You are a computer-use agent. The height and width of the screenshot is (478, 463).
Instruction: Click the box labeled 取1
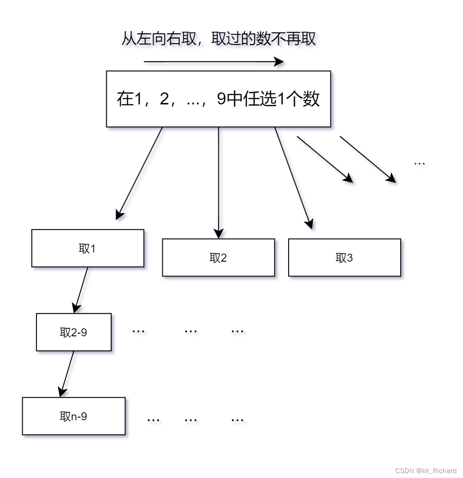pyautogui.click(x=88, y=248)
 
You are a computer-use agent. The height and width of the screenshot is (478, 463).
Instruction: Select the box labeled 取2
pyautogui.click(x=218, y=258)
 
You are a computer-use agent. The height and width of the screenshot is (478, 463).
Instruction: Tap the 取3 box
pyautogui.click(x=344, y=258)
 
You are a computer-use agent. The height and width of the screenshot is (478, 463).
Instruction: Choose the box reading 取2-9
pyautogui.click(x=73, y=332)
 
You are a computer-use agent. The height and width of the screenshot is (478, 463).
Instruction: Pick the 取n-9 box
pyautogui.click(x=73, y=416)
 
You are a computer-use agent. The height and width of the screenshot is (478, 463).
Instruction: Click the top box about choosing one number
pyautogui.click(x=218, y=99)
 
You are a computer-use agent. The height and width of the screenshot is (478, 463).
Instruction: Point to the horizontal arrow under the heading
pyautogui.click(x=213, y=62)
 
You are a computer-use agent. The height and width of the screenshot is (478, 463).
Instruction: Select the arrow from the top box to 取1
pyautogui.click(x=139, y=173)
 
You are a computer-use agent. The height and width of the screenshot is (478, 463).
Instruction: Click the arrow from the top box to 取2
pyautogui.click(x=218, y=182)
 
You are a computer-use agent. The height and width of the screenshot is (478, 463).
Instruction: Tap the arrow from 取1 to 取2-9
pyautogui.click(x=81, y=289)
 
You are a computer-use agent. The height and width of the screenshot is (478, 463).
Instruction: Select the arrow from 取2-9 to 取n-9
pyautogui.click(x=67, y=373)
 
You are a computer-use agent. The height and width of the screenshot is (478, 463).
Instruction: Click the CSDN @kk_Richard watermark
pyautogui.click(x=426, y=470)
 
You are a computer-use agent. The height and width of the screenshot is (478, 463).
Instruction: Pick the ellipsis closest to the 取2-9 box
pyautogui.click(x=139, y=331)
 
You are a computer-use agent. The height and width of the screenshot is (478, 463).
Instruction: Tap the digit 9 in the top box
pyautogui.click(x=221, y=99)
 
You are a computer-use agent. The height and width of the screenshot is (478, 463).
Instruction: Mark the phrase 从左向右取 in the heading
pyautogui.click(x=158, y=39)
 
